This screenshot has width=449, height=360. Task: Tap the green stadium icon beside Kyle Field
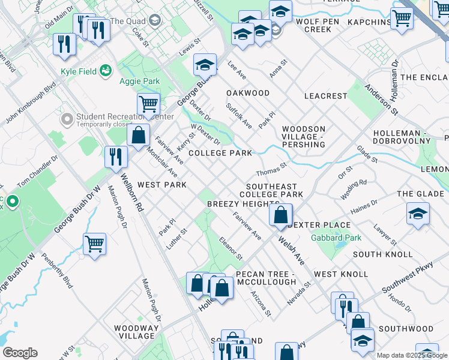point(106,71)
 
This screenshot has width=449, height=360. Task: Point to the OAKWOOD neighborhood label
point(248,93)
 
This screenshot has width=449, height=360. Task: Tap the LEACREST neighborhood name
point(326,96)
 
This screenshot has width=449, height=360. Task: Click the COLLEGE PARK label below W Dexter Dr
point(220,153)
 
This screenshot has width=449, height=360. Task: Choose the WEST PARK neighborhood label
point(161,185)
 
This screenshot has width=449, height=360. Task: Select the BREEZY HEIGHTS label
point(243,204)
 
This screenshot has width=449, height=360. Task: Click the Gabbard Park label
point(336,238)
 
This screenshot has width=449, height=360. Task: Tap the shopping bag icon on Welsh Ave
point(281,215)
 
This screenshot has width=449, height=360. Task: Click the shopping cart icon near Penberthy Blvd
point(95,244)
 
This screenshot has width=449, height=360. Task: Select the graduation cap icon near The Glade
point(418,214)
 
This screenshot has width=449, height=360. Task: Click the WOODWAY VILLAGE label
point(136,332)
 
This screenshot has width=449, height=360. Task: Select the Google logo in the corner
point(20,353)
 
